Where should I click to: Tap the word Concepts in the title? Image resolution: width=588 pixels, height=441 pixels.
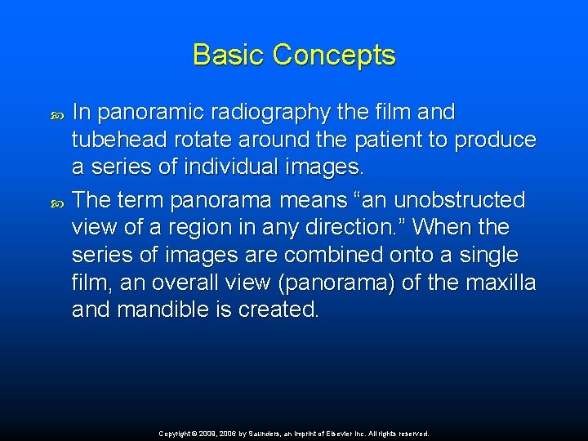point(334,55)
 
